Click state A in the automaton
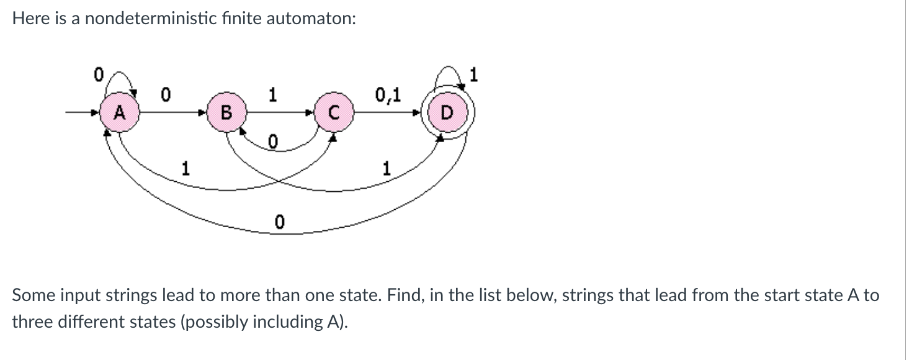click(x=118, y=113)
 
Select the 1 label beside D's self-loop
click(x=474, y=76)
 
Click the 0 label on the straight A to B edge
click(x=165, y=95)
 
